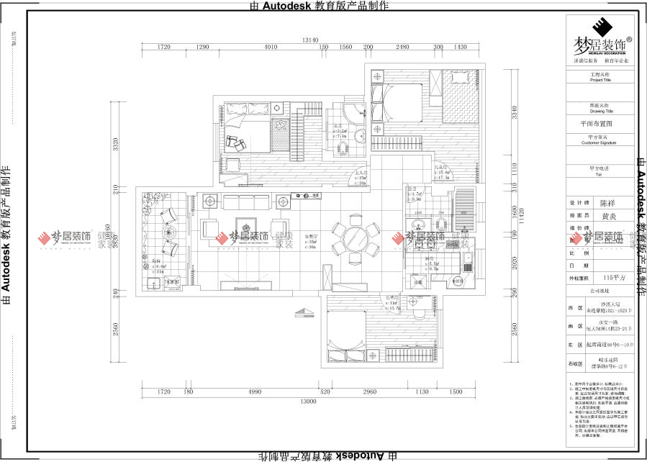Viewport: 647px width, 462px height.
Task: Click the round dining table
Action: [354, 239]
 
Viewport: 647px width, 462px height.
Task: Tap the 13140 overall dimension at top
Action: [311, 40]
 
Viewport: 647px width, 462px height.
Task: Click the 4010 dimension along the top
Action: [271, 47]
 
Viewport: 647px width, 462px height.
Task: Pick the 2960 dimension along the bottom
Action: [369, 392]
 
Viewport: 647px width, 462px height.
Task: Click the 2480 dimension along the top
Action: [402, 47]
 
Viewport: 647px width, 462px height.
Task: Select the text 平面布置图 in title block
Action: [596, 124]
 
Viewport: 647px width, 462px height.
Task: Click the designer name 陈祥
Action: [607, 204]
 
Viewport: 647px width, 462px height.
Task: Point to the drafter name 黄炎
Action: [607, 215]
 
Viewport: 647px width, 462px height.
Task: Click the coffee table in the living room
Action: [245, 227]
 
